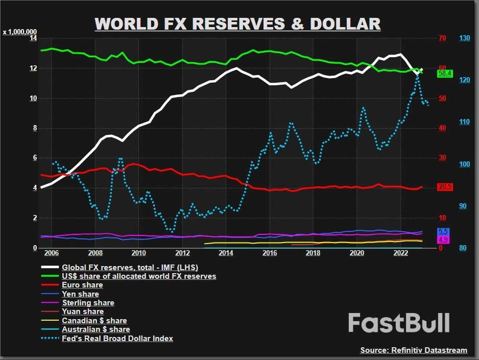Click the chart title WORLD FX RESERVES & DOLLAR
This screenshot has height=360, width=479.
pos(237,24)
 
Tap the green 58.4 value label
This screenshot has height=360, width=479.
pos(445,74)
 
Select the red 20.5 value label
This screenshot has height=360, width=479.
pos(445,187)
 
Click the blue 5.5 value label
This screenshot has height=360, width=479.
pos(443,231)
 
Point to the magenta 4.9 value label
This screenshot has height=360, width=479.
pos(443,239)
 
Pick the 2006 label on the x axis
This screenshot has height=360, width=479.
pos(52,253)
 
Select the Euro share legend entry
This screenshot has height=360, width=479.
pos(82,285)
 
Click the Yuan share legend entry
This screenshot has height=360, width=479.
pos(83,311)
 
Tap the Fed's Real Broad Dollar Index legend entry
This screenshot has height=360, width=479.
pos(117,338)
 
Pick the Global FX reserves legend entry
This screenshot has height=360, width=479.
pos(130,267)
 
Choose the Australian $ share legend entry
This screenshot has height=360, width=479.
pos(95,329)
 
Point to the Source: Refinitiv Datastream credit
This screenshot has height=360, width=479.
pos(414,350)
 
